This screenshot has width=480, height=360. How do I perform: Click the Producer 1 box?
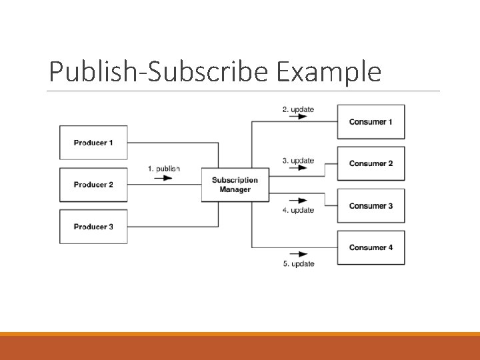(x=93, y=143)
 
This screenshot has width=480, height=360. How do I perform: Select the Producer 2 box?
(x=93, y=185)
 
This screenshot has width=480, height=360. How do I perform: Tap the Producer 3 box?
(x=93, y=227)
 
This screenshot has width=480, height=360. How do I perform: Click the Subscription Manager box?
(x=235, y=185)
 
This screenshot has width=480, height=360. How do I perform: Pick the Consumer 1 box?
(x=371, y=121)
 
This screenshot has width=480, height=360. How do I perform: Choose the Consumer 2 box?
(x=371, y=163)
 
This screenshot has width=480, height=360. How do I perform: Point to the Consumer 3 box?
(x=371, y=206)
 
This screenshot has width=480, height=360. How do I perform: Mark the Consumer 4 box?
(x=371, y=247)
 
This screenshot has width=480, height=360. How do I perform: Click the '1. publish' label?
(x=164, y=169)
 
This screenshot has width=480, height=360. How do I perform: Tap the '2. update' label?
(x=298, y=109)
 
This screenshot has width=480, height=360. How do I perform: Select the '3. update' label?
(x=298, y=161)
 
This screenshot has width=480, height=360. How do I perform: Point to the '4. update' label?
(x=298, y=210)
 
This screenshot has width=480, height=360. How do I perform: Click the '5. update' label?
(x=298, y=264)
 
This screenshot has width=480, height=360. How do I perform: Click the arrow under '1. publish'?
(x=163, y=178)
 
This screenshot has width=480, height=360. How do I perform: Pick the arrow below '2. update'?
(x=299, y=117)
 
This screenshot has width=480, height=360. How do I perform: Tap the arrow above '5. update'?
(x=299, y=254)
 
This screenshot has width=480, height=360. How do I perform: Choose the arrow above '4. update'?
(x=299, y=200)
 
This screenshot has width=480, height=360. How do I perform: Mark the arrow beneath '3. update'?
(x=299, y=168)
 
